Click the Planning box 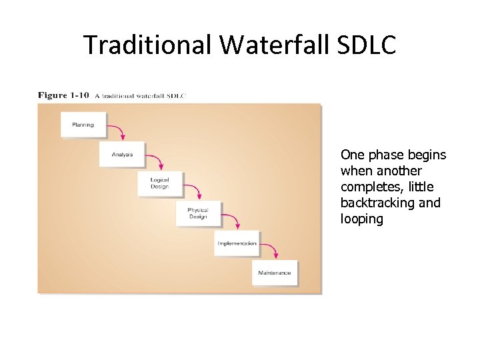click(83, 125)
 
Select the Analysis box click(122, 154)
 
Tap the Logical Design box click(160, 183)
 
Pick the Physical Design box click(198, 213)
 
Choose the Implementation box click(237, 243)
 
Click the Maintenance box click(275, 273)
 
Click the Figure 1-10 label click(63, 95)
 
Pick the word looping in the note click(361, 219)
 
